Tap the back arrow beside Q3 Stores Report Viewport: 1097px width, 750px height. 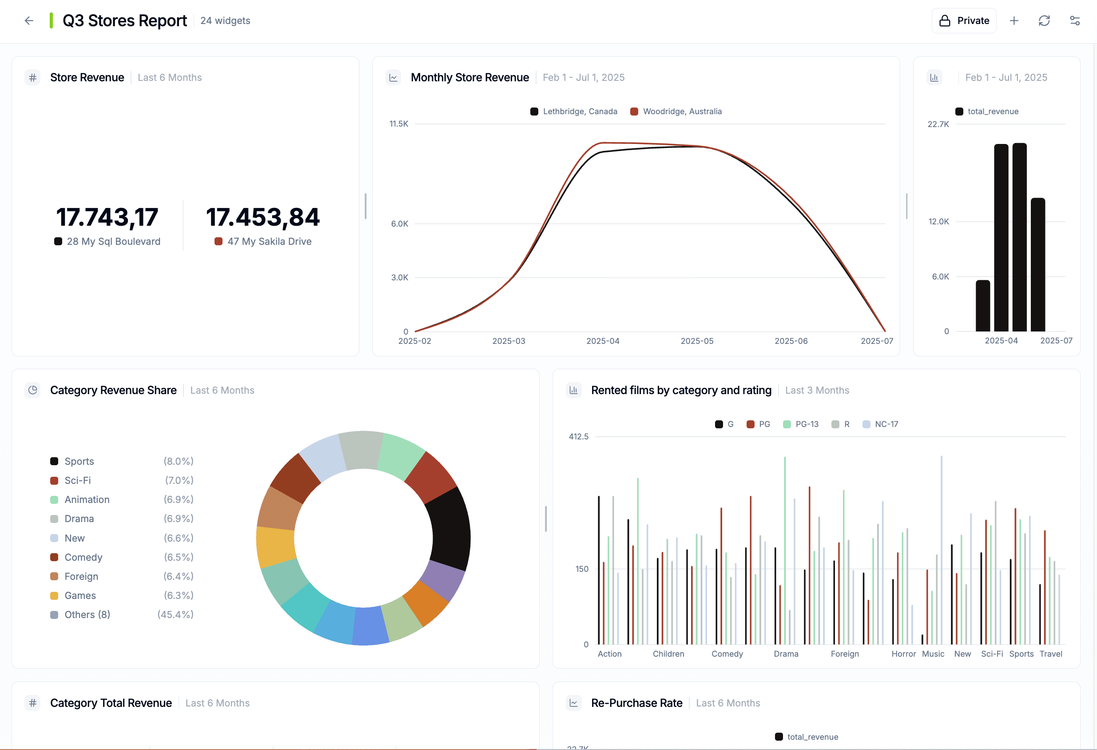pos(29,21)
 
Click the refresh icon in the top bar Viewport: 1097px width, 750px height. pos(1044,21)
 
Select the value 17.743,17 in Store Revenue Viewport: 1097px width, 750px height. pos(107,217)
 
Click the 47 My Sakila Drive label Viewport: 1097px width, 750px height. pos(269,241)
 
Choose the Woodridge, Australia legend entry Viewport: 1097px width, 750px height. pos(682,112)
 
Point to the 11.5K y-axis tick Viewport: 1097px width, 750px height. pos(399,124)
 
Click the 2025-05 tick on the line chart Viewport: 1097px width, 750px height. pos(697,341)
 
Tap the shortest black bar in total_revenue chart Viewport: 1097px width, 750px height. pos(983,306)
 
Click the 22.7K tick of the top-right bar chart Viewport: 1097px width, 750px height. pos(938,124)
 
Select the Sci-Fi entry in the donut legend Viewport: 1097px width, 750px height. pos(77,480)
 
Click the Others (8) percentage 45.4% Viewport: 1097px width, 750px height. pos(175,614)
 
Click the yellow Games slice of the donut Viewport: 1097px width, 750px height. pos(275,547)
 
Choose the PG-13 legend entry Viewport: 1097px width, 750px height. pos(806,424)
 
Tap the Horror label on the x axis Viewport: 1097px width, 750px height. pos(903,654)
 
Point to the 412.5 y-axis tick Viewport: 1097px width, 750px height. pos(578,436)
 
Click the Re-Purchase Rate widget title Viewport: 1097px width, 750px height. pos(636,703)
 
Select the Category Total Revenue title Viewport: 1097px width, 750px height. pos(111,703)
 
